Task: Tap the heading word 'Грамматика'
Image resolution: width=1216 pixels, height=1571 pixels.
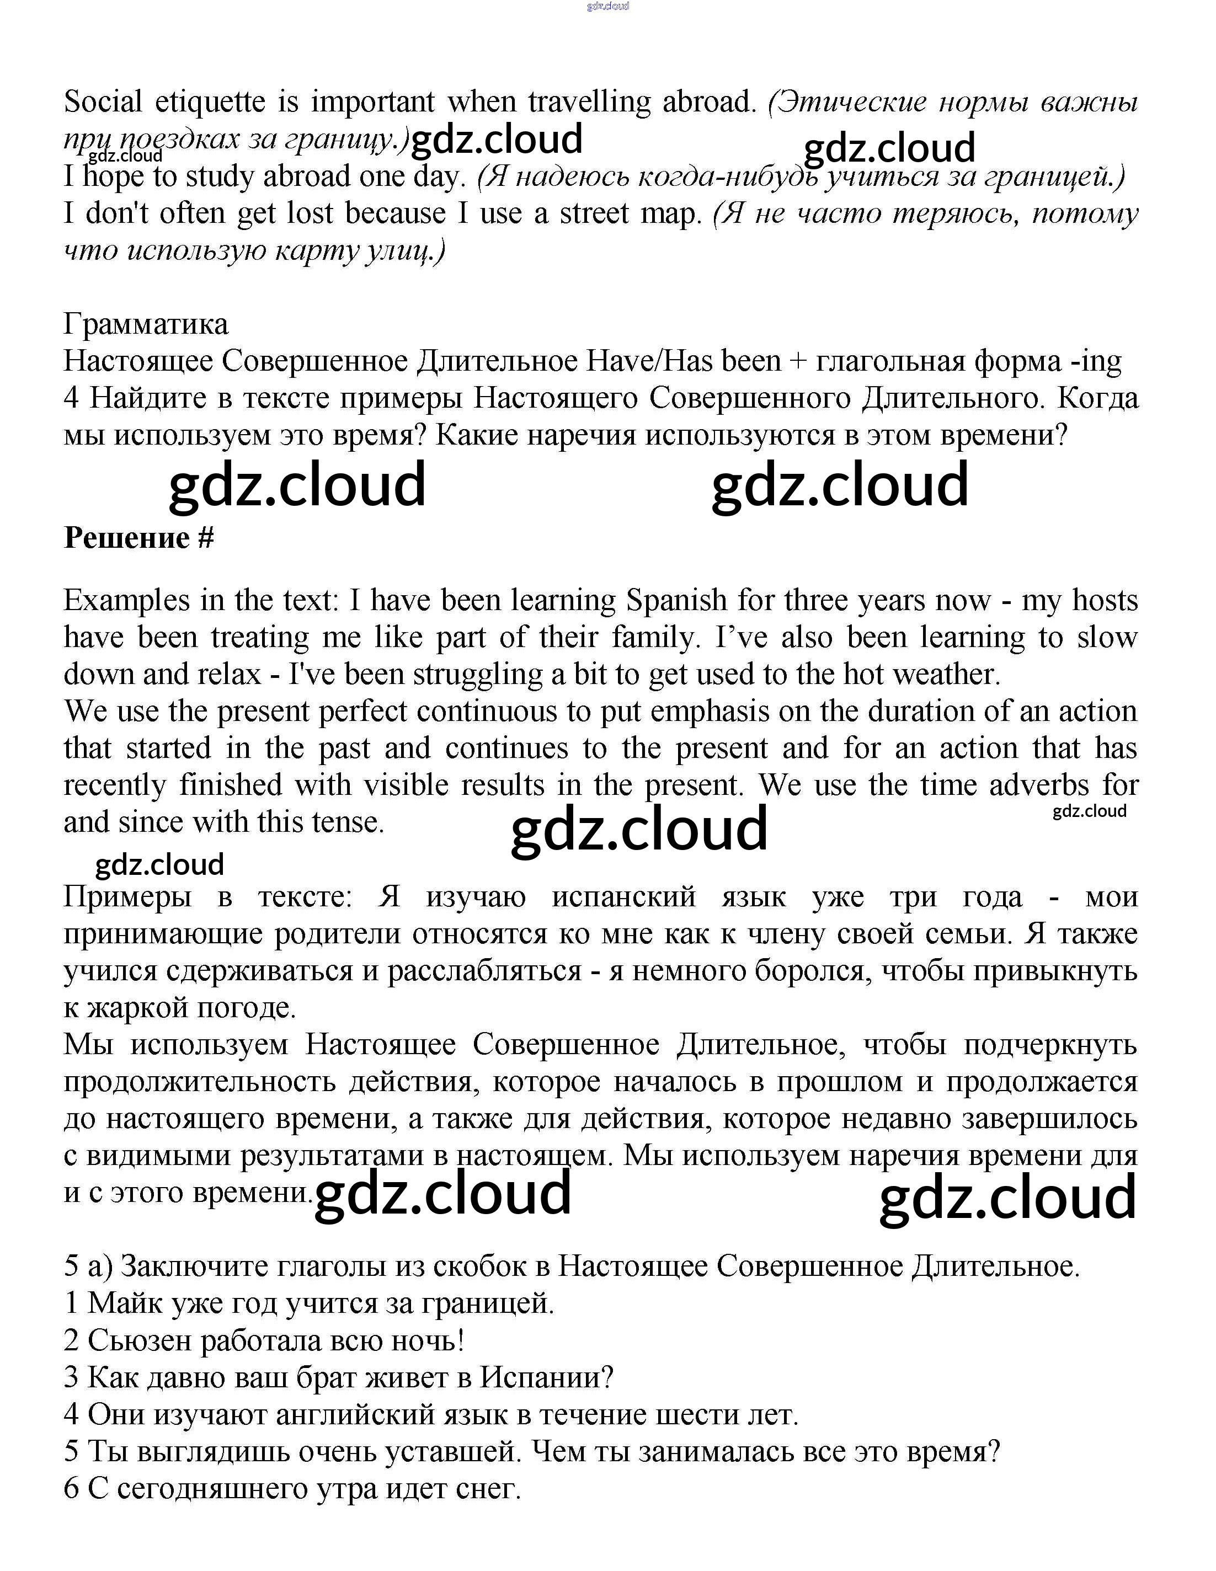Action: [146, 324]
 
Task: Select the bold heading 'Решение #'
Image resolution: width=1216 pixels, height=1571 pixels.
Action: [139, 538]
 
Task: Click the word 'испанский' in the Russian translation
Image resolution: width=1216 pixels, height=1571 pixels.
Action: [624, 897]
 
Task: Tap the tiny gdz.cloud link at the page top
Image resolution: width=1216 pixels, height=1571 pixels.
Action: [608, 6]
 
